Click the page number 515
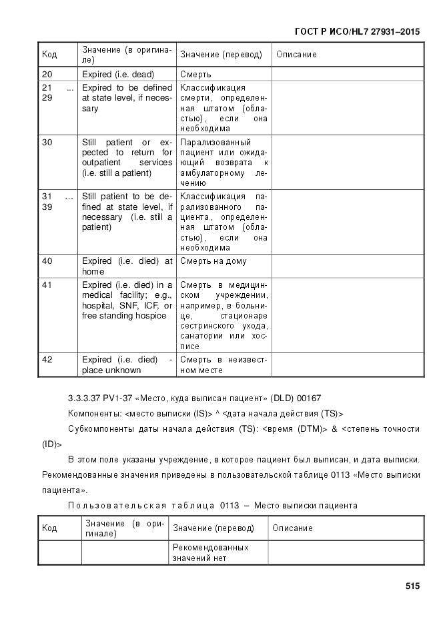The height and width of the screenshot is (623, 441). tap(412, 587)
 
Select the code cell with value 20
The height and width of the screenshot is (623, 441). tap(47, 75)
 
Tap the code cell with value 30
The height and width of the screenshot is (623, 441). tap(47, 143)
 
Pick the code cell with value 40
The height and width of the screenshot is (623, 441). tap(47, 261)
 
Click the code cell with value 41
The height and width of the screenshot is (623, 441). tap(47, 285)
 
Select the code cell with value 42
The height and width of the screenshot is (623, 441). tap(47, 360)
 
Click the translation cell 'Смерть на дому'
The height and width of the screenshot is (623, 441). tap(213, 261)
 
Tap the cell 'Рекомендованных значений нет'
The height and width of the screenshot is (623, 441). tap(210, 552)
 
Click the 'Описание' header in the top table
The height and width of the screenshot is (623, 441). tap(296, 55)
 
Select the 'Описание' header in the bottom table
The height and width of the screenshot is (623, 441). tap(292, 528)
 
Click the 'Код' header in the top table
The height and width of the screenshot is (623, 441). tap(49, 55)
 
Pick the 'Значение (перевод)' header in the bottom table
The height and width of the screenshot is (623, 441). tap(213, 528)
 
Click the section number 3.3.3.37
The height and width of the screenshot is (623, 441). tap(83, 399)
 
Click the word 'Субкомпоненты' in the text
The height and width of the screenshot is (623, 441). tap(101, 429)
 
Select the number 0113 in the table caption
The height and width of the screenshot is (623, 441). tap(230, 506)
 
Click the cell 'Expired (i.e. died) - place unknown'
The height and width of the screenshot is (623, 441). tap(126, 365)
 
